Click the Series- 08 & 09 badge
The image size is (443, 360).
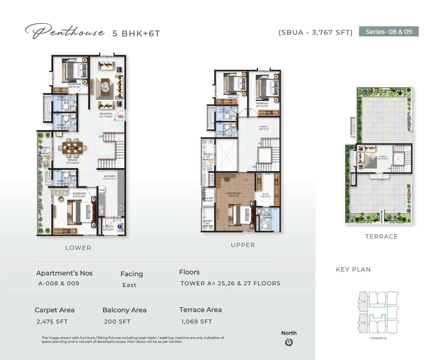[x=389, y=32]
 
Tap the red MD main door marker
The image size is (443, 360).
[x=120, y=117]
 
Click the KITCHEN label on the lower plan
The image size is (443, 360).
[x=110, y=176]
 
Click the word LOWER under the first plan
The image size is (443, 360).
[x=78, y=248]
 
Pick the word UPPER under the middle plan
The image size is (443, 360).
[x=243, y=245]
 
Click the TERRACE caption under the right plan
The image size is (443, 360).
[x=381, y=237]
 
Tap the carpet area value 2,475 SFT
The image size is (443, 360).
[x=52, y=322]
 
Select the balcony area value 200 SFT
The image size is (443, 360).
[x=117, y=322]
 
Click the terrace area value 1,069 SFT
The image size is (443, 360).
[x=196, y=322]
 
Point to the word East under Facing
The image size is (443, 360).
[x=129, y=285]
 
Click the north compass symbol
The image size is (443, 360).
[x=289, y=343]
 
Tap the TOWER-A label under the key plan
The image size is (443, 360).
[x=377, y=338]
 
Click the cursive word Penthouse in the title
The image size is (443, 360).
[x=65, y=32]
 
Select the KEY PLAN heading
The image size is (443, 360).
[x=353, y=270]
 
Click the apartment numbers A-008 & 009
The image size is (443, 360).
[x=59, y=284]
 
